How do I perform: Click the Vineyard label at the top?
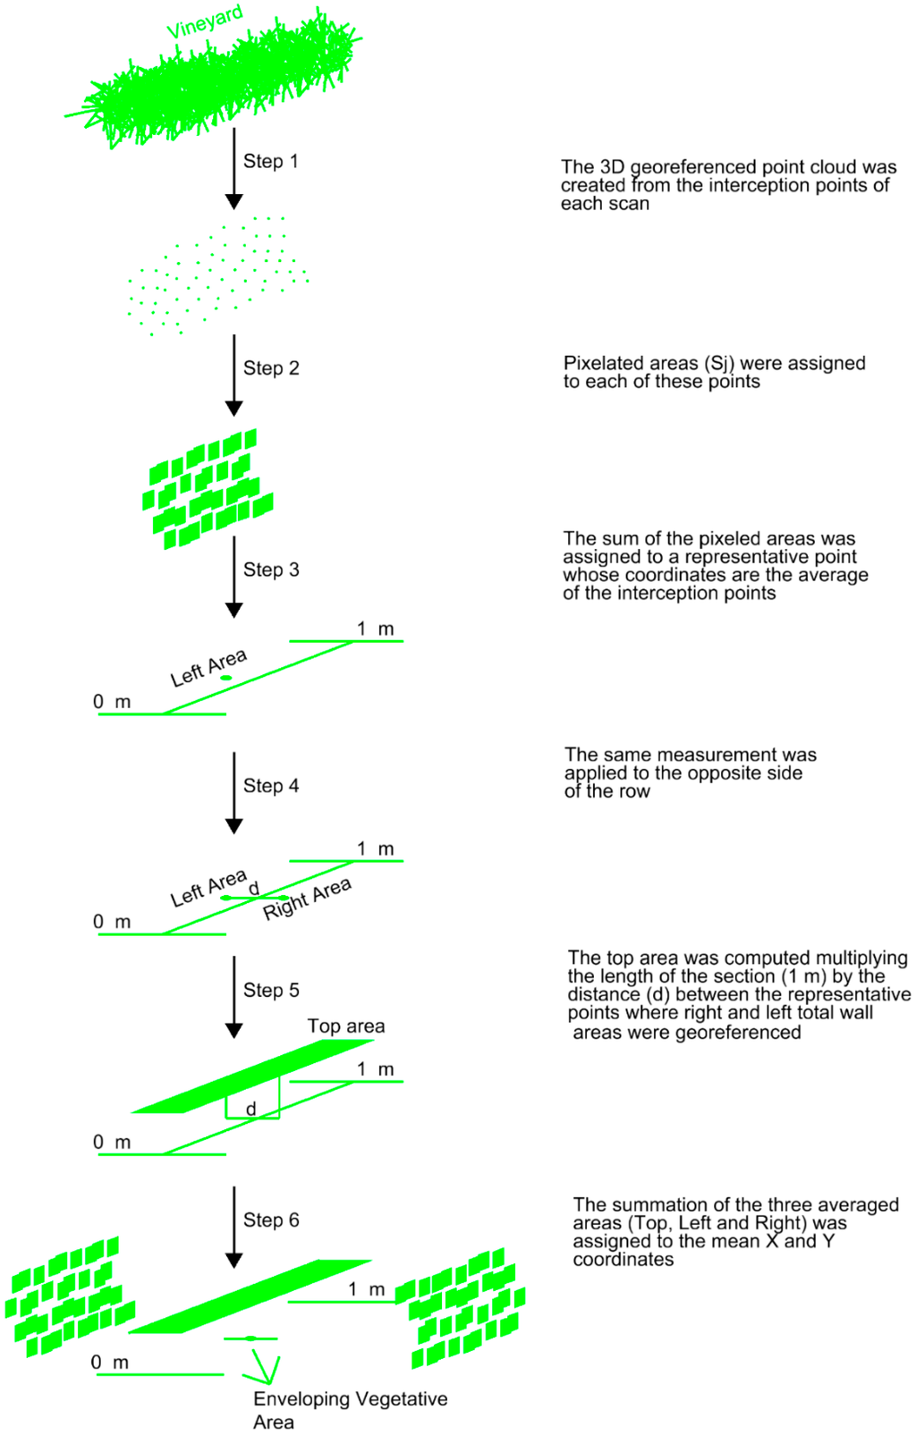coord(205,22)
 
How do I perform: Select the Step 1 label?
coord(270,161)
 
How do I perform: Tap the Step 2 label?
coord(271,367)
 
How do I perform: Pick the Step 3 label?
coord(271,570)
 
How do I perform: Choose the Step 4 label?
coord(271,786)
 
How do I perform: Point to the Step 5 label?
coord(271,990)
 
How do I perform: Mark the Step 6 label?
coord(271,1220)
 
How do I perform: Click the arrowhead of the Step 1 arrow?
coord(234,202)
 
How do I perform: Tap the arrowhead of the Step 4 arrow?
coord(234,826)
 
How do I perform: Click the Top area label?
coord(346,1026)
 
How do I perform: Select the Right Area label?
coord(307,899)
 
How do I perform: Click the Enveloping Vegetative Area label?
coord(349,1410)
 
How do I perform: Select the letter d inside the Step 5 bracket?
coord(251,1109)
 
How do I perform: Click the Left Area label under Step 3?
coord(208,668)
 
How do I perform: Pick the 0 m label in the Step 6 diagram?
coord(110,1362)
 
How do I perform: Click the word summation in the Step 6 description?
coord(654,1204)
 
